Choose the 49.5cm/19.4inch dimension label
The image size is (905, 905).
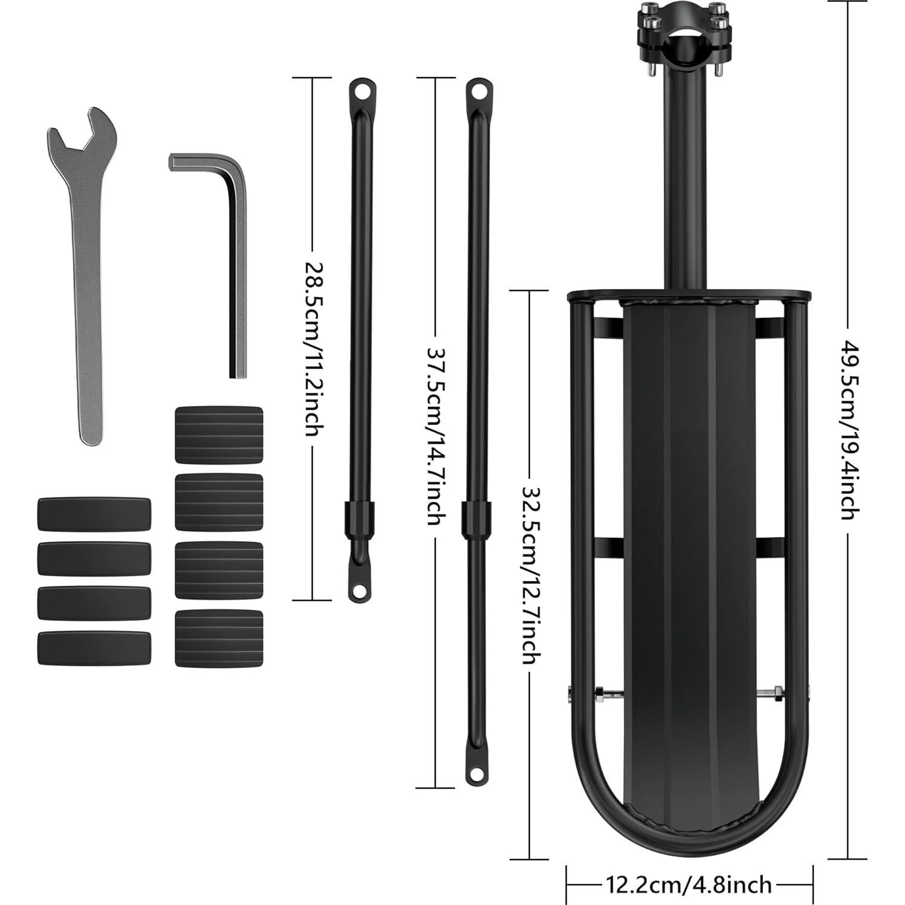[x=849, y=430]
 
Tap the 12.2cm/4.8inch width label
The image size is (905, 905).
[x=689, y=885]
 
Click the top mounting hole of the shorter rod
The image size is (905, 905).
[x=362, y=92]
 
